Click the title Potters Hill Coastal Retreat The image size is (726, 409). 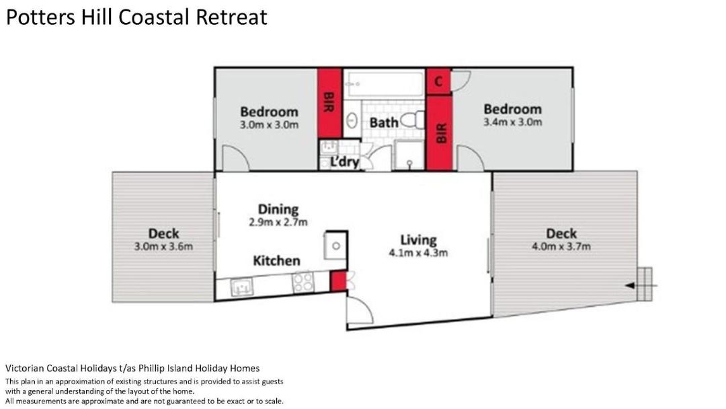click(x=136, y=17)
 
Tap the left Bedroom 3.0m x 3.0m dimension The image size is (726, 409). click(x=269, y=125)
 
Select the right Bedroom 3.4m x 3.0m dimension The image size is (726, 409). click(x=512, y=122)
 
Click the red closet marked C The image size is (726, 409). click(x=438, y=81)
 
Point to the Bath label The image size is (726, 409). click(x=384, y=122)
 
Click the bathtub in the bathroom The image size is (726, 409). click(x=385, y=83)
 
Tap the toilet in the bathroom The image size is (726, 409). click(x=413, y=120)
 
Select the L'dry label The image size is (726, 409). click(x=344, y=162)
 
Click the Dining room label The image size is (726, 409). click(x=278, y=209)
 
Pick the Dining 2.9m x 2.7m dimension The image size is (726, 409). click(x=278, y=223)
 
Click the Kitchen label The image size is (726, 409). click(x=276, y=261)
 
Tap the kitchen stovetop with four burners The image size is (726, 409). click(x=303, y=282)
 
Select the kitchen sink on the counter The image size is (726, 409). click(x=242, y=287)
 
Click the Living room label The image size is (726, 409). click(x=419, y=240)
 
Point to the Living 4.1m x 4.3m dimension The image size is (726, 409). click(x=419, y=253)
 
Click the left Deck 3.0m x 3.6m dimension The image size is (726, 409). click(x=163, y=246)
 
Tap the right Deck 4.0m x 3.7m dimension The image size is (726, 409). click(x=561, y=246)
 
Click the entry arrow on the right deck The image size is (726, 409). click(x=641, y=286)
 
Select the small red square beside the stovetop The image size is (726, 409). click(x=338, y=281)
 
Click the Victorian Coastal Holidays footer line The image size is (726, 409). click(x=132, y=369)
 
